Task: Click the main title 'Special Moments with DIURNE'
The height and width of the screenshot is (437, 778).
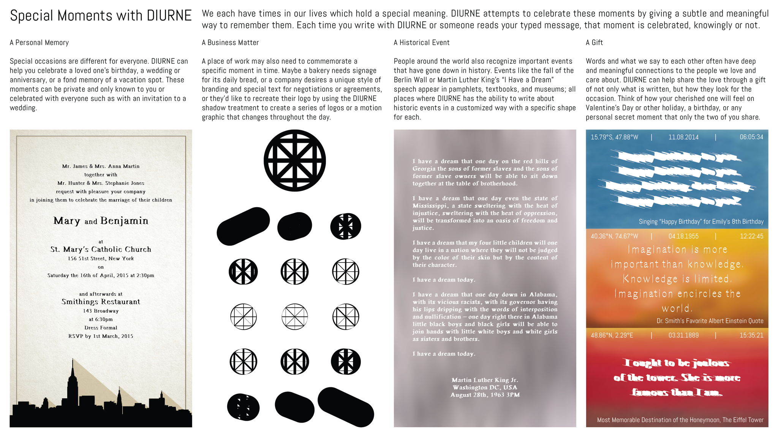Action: point(101,16)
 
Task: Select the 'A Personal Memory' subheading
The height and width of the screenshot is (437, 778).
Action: point(39,42)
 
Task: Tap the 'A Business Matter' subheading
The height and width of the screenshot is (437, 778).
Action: point(230,42)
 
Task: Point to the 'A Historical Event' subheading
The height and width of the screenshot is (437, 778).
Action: point(421,42)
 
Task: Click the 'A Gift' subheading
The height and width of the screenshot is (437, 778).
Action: point(594,42)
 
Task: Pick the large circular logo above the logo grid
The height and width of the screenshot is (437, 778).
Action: point(294,160)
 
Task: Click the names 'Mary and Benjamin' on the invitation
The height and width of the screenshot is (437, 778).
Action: point(101,221)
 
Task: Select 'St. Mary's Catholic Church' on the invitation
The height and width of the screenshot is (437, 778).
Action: point(101,249)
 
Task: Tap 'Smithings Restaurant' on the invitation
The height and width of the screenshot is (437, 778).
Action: point(101,302)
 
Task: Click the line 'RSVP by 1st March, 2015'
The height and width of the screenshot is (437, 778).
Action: point(101,336)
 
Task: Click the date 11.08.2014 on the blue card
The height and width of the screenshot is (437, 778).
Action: point(683,137)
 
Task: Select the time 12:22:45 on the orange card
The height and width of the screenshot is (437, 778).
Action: point(751,236)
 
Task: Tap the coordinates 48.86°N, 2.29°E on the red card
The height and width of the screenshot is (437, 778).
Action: point(612,335)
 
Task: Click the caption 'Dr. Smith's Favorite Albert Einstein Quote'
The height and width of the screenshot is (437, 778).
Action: point(710,321)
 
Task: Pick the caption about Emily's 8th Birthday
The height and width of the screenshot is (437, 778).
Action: point(701,222)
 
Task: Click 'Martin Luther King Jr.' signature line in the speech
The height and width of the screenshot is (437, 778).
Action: point(485,380)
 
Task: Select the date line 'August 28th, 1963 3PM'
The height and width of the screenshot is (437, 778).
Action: point(485,395)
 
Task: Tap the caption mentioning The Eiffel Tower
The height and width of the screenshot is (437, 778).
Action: point(680,420)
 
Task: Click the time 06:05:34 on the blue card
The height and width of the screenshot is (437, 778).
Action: point(751,137)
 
